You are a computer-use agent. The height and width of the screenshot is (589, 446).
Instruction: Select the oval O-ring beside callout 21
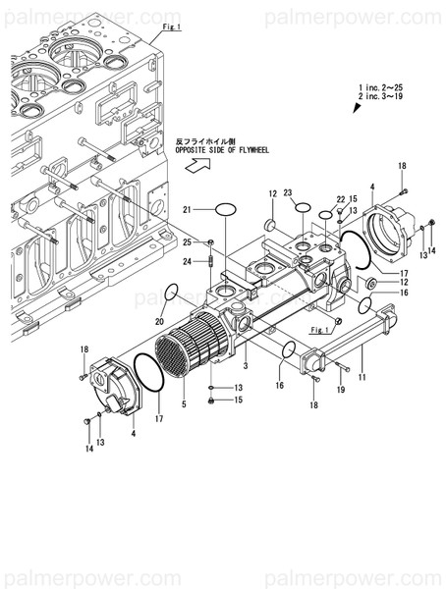pyautogui.click(x=227, y=209)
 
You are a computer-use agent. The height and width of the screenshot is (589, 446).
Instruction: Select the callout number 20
pyautogui.click(x=159, y=321)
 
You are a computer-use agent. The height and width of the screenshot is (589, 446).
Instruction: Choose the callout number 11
pyautogui.click(x=362, y=377)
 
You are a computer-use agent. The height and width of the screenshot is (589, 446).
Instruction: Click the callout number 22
pyautogui.click(x=341, y=199)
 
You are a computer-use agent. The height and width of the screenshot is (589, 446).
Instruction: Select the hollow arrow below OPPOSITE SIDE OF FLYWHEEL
pyautogui.click(x=197, y=168)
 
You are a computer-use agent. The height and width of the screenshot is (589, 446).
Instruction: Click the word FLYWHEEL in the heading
pyautogui.click(x=245, y=151)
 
